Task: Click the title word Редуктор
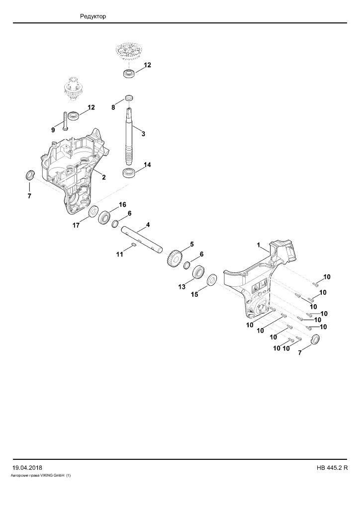(x=93, y=16)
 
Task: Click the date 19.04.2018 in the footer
(x=27, y=468)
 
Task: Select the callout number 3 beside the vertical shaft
(x=143, y=134)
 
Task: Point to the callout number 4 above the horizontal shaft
(x=148, y=225)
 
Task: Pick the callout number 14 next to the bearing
(x=147, y=165)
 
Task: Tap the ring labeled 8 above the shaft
(x=129, y=98)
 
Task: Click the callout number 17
(x=76, y=225)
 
